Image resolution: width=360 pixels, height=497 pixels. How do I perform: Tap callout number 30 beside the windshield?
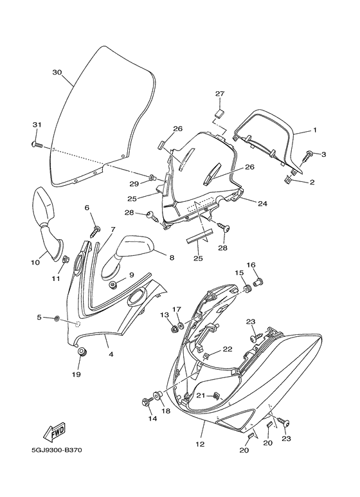[57, 73]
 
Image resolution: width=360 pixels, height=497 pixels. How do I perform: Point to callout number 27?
[220, 93]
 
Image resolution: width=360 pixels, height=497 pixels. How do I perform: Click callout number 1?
[315, 130]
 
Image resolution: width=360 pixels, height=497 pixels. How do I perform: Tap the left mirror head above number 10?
[44, 206]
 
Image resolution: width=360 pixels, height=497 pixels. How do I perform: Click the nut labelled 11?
[66, 260]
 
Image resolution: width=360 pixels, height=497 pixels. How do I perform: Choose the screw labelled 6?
[96, 232]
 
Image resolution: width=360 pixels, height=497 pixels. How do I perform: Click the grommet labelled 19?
[83, 352]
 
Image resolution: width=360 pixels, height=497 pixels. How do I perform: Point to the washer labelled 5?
[57, 318]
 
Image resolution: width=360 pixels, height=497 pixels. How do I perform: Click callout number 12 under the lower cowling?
[200, 444]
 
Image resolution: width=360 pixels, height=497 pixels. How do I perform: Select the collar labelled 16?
[260, 281]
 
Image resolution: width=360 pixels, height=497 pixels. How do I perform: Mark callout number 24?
[263, 204]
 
